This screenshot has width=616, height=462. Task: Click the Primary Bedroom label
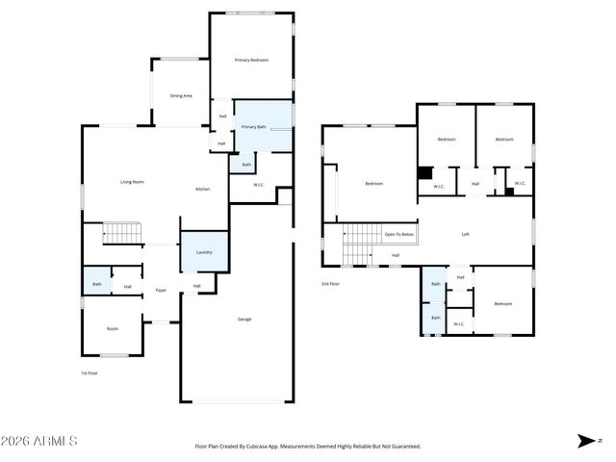(x=251, y=61)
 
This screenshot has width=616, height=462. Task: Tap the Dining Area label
(x=181, y=96)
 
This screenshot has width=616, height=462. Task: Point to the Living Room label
(x=132, y=182)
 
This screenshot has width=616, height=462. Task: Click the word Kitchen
(x=203, y=189)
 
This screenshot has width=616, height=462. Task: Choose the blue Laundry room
(x=204, y=252)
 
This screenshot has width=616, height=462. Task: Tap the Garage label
(x=244, y=319)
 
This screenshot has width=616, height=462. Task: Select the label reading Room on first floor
(x=113, y=329)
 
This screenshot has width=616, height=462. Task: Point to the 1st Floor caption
(x=90, y=372)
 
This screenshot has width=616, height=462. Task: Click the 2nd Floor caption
(x=330, y=284)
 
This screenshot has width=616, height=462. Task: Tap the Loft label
(x=466, y=234)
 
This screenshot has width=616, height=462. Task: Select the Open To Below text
(x=398, y=235)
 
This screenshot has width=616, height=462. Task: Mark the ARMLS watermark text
(x=39, y=441)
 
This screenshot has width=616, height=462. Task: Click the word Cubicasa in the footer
(x=260, y=447)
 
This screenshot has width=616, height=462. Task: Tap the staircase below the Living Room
(x=122, y=233)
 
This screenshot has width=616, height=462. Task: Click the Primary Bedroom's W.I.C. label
(x=259, y=185)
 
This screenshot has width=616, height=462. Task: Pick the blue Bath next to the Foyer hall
(x=96, y=284)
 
